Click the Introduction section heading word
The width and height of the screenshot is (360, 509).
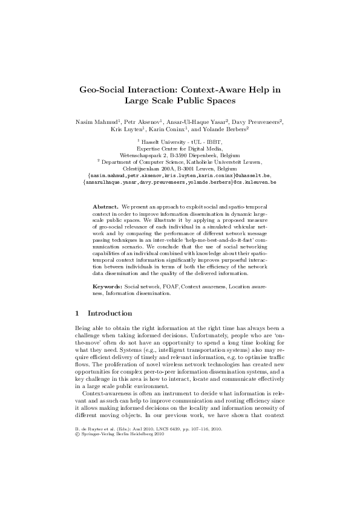[110, 314]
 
